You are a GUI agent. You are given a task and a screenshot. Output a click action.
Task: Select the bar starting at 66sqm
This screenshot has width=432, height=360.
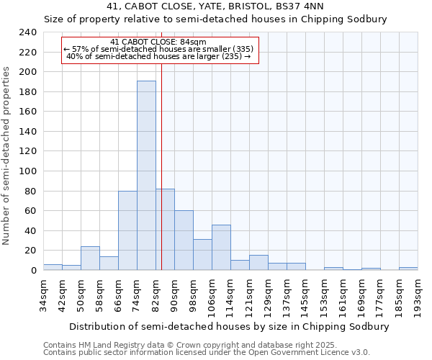[127, 230]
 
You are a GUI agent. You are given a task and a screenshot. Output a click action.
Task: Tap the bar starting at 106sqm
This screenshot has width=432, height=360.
[221, 248]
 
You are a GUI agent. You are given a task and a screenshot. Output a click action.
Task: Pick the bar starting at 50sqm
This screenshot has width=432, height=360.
[90, 258]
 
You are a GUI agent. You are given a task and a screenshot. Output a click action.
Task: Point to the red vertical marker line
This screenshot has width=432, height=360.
[161, 180]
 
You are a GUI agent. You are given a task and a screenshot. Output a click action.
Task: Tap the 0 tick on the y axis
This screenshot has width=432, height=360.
[32, 271]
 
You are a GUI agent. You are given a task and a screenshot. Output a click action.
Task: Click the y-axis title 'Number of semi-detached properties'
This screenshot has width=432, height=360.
[7, 156]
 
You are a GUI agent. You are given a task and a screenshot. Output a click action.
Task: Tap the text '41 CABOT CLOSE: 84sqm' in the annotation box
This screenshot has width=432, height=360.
[158, 42]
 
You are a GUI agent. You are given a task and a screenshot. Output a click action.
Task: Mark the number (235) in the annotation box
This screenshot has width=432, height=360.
[230, 56]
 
